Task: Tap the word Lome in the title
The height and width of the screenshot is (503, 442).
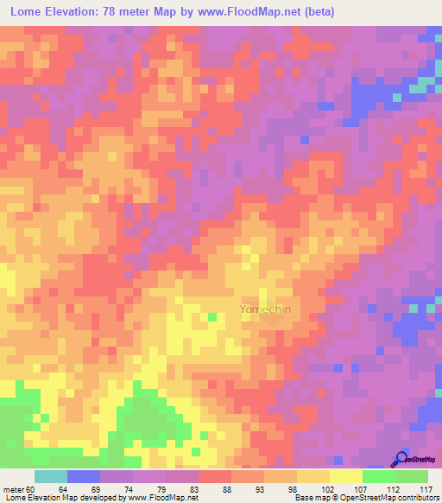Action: point(28,11)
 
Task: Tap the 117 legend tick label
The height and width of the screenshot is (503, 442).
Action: point(424,488)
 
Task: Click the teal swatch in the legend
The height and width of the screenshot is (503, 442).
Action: point(51,476)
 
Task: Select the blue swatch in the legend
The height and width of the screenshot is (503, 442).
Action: point(84,476)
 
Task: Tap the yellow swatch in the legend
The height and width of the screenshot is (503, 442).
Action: point(345,476)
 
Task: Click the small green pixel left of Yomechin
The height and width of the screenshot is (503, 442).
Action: point(212,317)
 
